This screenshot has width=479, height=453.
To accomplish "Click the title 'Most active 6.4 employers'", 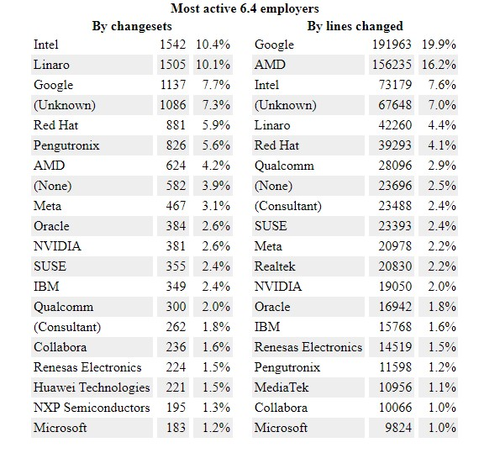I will (x=244, y=9).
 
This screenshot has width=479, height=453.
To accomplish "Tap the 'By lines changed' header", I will (x=355, y=26).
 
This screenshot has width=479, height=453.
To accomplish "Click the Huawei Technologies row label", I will (x=92, y=387).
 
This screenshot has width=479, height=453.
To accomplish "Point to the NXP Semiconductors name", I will (x=92, y=408).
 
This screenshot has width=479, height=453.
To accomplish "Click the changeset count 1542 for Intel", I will (x=172, y=45).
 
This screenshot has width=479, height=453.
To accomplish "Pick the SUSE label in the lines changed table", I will (x=271, y=226).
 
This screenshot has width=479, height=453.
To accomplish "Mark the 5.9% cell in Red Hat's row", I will (x=216, y=125).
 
